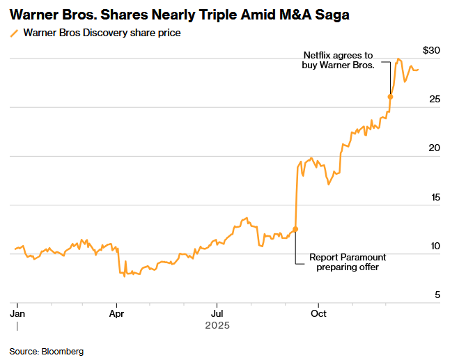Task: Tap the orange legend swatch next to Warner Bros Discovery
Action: coord(14,33)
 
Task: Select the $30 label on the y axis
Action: coord(431,50)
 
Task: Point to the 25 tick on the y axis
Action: coord(434,100)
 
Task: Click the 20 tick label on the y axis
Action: coord(434,148)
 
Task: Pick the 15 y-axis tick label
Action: coord(434,197)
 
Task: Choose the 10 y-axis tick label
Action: coord(434,246)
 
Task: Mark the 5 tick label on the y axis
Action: coord(437,295)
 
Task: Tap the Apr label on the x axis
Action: coord(116,314)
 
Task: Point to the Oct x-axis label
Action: coord(318,314)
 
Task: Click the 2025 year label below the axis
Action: coord(217,325)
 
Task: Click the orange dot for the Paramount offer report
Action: coord(295,229)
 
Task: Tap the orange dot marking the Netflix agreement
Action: coord(390,96)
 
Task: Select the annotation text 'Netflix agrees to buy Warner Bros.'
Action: coord(339,60)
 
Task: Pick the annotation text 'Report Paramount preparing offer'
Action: coord(348,262)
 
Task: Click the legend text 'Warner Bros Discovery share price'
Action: coord(102,33)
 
